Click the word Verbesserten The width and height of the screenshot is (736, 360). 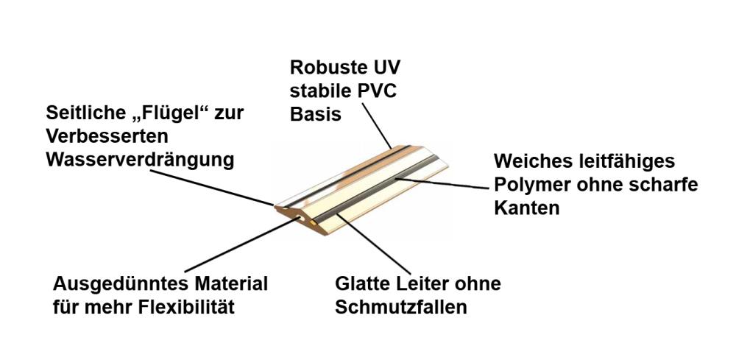[x=107, y=137]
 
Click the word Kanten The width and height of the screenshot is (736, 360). [x=527, y=208]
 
